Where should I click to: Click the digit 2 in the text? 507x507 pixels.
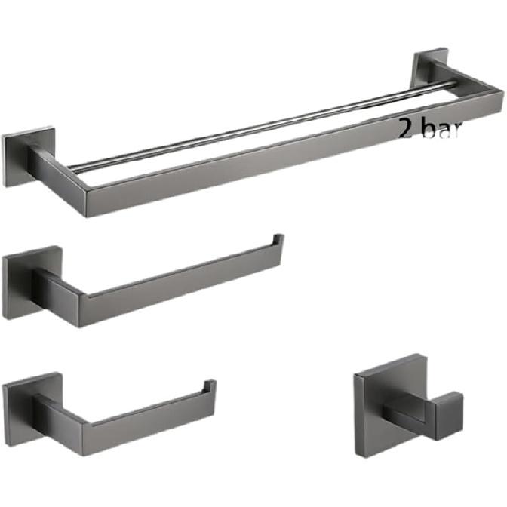pyautogui.click(x=405, y=130)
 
